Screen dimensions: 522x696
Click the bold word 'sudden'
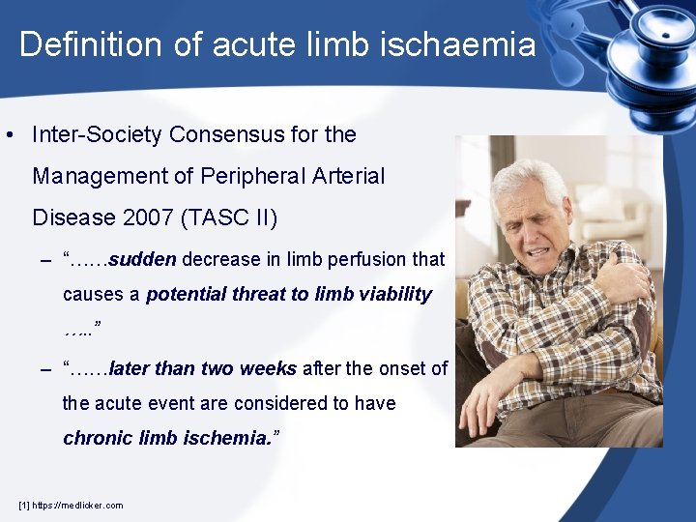(x=142, y=259)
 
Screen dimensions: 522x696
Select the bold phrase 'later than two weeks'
(x=204, y=368)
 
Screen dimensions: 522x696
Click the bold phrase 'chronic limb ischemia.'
(x=171, y=438)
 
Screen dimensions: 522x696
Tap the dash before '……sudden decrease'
(x=45, y=260)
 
